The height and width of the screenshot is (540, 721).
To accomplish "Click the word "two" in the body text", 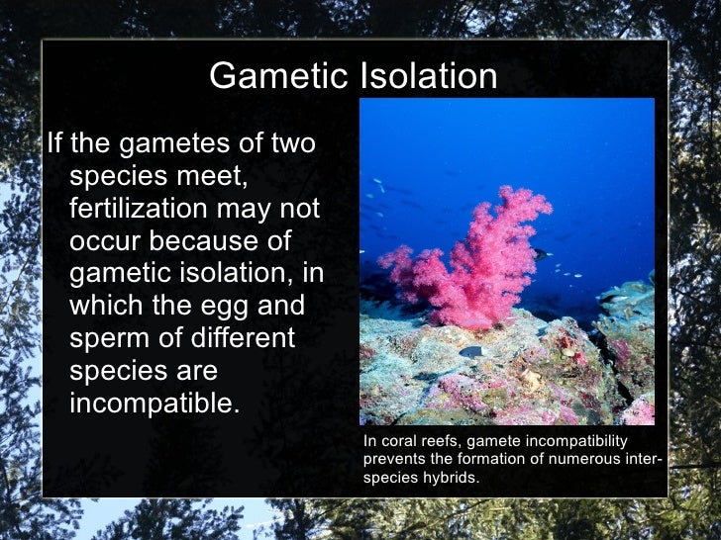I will [292, 144].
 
